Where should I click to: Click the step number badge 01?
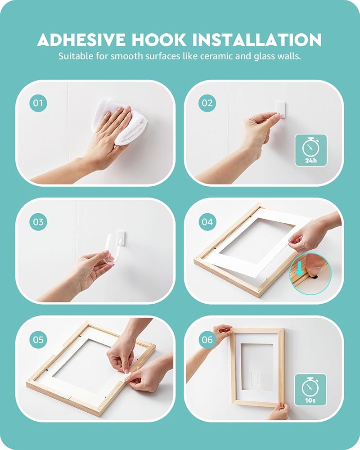pyautogui.click(x=38, y=103)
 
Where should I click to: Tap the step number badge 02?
pyautogui.click(x=207, y=103)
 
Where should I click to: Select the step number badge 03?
pyautogui.click(x=38, y=222)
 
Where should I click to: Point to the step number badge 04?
pyautogui.click(x=207, y=222)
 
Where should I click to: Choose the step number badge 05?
pyautogui.click(x=38, y=340)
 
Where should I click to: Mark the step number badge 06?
pyautogui.click(x=207, y=340)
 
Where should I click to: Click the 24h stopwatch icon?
pyautogui.click(x=311, y=150)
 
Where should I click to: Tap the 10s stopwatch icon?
pyautogui.click(x=310, y=390)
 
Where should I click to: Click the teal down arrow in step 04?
pyautogui.click(x=300, y=270)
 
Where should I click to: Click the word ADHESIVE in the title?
pyautogui.click(x=82, y=40)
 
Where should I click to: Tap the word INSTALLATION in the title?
pyautogui.click(x=256, y=40)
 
